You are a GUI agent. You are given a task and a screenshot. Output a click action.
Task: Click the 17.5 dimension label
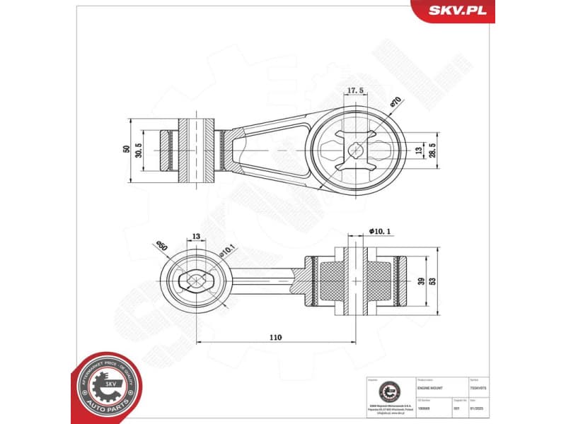[x=355, y=90]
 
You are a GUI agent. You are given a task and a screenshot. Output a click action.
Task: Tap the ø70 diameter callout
[x=395, y=102]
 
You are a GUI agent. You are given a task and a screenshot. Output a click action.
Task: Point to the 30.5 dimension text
[x=139, y=150]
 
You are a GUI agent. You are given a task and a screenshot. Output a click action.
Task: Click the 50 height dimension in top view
[x=127, y=150]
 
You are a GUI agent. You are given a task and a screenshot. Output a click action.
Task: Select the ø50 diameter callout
[x=162, y=246]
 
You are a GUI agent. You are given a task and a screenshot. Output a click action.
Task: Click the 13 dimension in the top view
[x=417, y=151]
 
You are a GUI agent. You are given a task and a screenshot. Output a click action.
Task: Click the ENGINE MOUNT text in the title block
[x=429, y=389]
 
